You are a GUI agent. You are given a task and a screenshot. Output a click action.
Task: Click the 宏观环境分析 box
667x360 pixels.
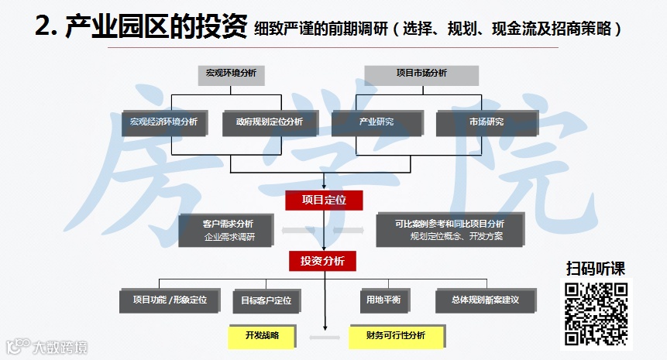click(231, 74)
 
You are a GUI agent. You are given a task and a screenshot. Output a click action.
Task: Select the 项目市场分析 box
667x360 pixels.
click(421, 74)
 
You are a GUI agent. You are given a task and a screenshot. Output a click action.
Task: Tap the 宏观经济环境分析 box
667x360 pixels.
click(164, 122)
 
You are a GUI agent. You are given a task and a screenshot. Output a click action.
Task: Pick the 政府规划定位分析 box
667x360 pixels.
click(263, 122)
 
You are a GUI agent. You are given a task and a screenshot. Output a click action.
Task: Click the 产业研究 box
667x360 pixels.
click(376, 122)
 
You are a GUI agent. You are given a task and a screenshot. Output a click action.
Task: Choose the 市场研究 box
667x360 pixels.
click(486, 122)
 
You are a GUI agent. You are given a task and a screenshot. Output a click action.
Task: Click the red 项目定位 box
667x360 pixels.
click(324, 200)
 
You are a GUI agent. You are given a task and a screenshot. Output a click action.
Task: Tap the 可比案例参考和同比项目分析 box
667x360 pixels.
click(449, 230)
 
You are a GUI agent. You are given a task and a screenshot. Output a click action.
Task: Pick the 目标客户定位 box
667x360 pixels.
click(266, 300)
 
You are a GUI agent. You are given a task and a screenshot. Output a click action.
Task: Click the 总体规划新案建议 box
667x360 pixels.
click(485, 300)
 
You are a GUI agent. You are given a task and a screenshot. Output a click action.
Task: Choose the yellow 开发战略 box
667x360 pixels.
click(261, 336)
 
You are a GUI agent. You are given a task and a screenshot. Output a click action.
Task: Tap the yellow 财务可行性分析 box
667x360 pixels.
click(397, 336)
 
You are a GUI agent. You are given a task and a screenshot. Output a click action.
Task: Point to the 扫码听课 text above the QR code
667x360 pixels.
click(595, 269)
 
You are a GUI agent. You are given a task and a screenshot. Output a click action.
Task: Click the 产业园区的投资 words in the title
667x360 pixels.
click(156, 29)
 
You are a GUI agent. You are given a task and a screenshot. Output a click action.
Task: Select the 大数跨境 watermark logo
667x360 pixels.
click(46, 346)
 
